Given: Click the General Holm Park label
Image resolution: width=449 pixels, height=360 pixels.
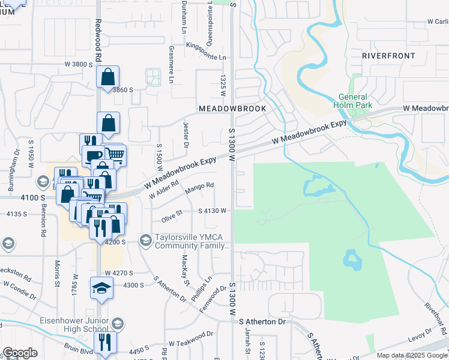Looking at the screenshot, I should pos(355,101).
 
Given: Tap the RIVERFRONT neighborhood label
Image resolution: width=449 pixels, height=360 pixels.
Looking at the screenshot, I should pos(388,56).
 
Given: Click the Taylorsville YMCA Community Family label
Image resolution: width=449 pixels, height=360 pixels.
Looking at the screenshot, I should pos(192,241).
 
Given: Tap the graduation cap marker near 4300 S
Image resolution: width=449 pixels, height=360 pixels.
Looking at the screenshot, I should pos(101,288).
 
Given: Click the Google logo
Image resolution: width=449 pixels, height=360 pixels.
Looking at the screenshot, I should pos(20,353).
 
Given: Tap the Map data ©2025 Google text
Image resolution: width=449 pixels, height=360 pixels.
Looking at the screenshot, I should pos(411,355).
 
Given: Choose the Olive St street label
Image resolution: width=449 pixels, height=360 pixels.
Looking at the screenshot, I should pos(171,215).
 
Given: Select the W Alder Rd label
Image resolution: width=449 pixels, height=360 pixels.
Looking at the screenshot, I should pos(164,193).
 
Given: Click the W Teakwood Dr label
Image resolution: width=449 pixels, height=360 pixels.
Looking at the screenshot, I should pos(190,340).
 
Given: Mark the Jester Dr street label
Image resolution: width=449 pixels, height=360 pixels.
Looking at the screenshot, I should pos(185,134).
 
